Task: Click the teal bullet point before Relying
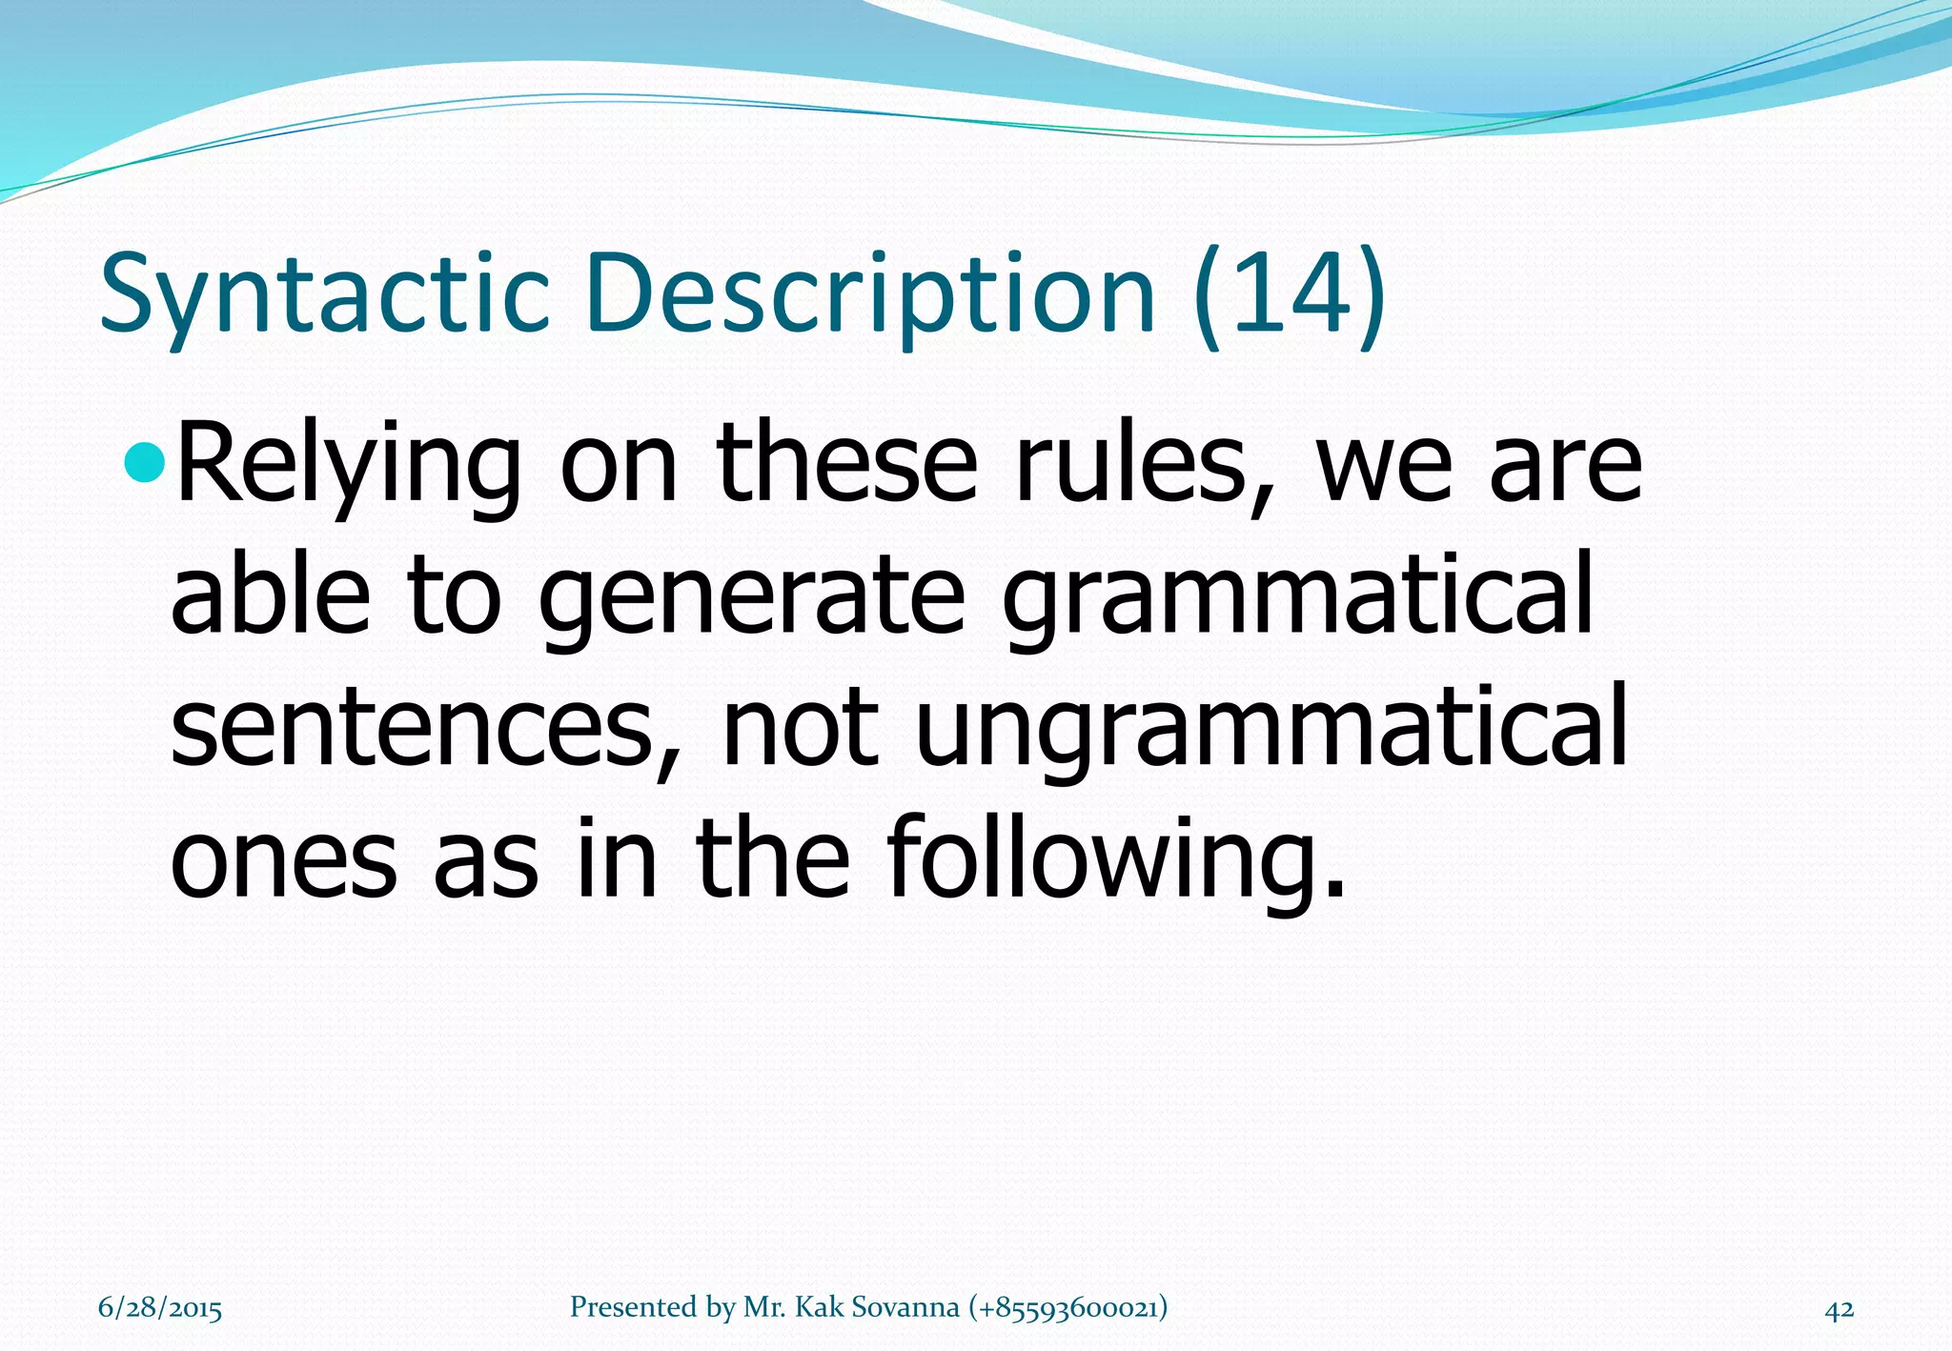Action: tap(145, 464)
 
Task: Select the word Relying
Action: tap(349, 467)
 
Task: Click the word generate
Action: tap(753, 596)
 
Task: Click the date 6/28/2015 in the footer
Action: tap(159, 1308)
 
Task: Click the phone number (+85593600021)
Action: tap(1067, 1307)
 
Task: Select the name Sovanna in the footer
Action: tap(905, 1307)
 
